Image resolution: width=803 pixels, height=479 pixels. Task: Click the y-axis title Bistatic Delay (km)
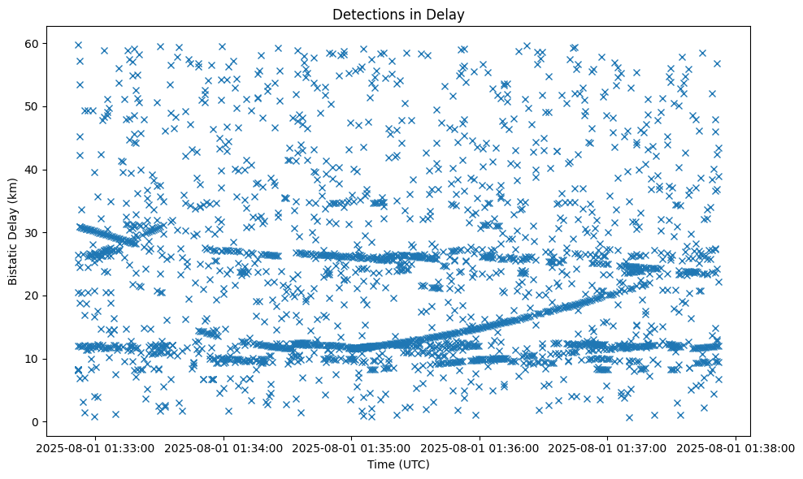(x=14, y=231)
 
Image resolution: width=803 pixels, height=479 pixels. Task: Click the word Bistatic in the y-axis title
(x=14, y=263)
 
